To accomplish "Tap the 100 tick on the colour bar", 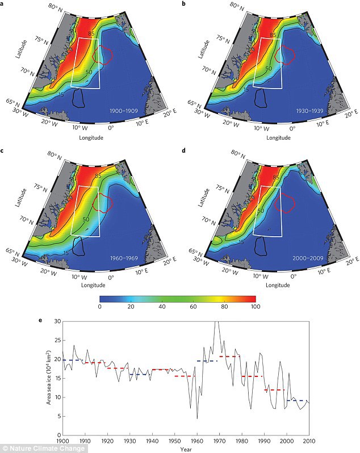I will [255, 307].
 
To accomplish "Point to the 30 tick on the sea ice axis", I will [56, 321].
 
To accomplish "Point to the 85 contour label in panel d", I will [276, 178].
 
